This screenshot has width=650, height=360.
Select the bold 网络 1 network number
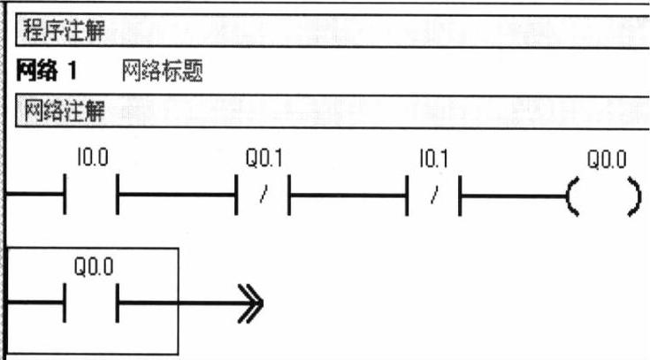(x=47, y=73)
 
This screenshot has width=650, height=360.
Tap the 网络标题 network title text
(x=163, y=73)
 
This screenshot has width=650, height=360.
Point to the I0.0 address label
(x=92, y=160)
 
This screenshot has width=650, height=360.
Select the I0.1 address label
(x=432, y=160)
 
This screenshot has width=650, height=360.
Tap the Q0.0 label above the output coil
(x=606, y=160)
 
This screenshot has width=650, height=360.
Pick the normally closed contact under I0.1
(x=432, y=195)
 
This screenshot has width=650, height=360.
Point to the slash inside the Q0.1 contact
(x=263, y=195)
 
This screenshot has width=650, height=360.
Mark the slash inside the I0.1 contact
(x=433, y=195)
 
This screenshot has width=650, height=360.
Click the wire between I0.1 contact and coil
(x=513, y=195)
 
